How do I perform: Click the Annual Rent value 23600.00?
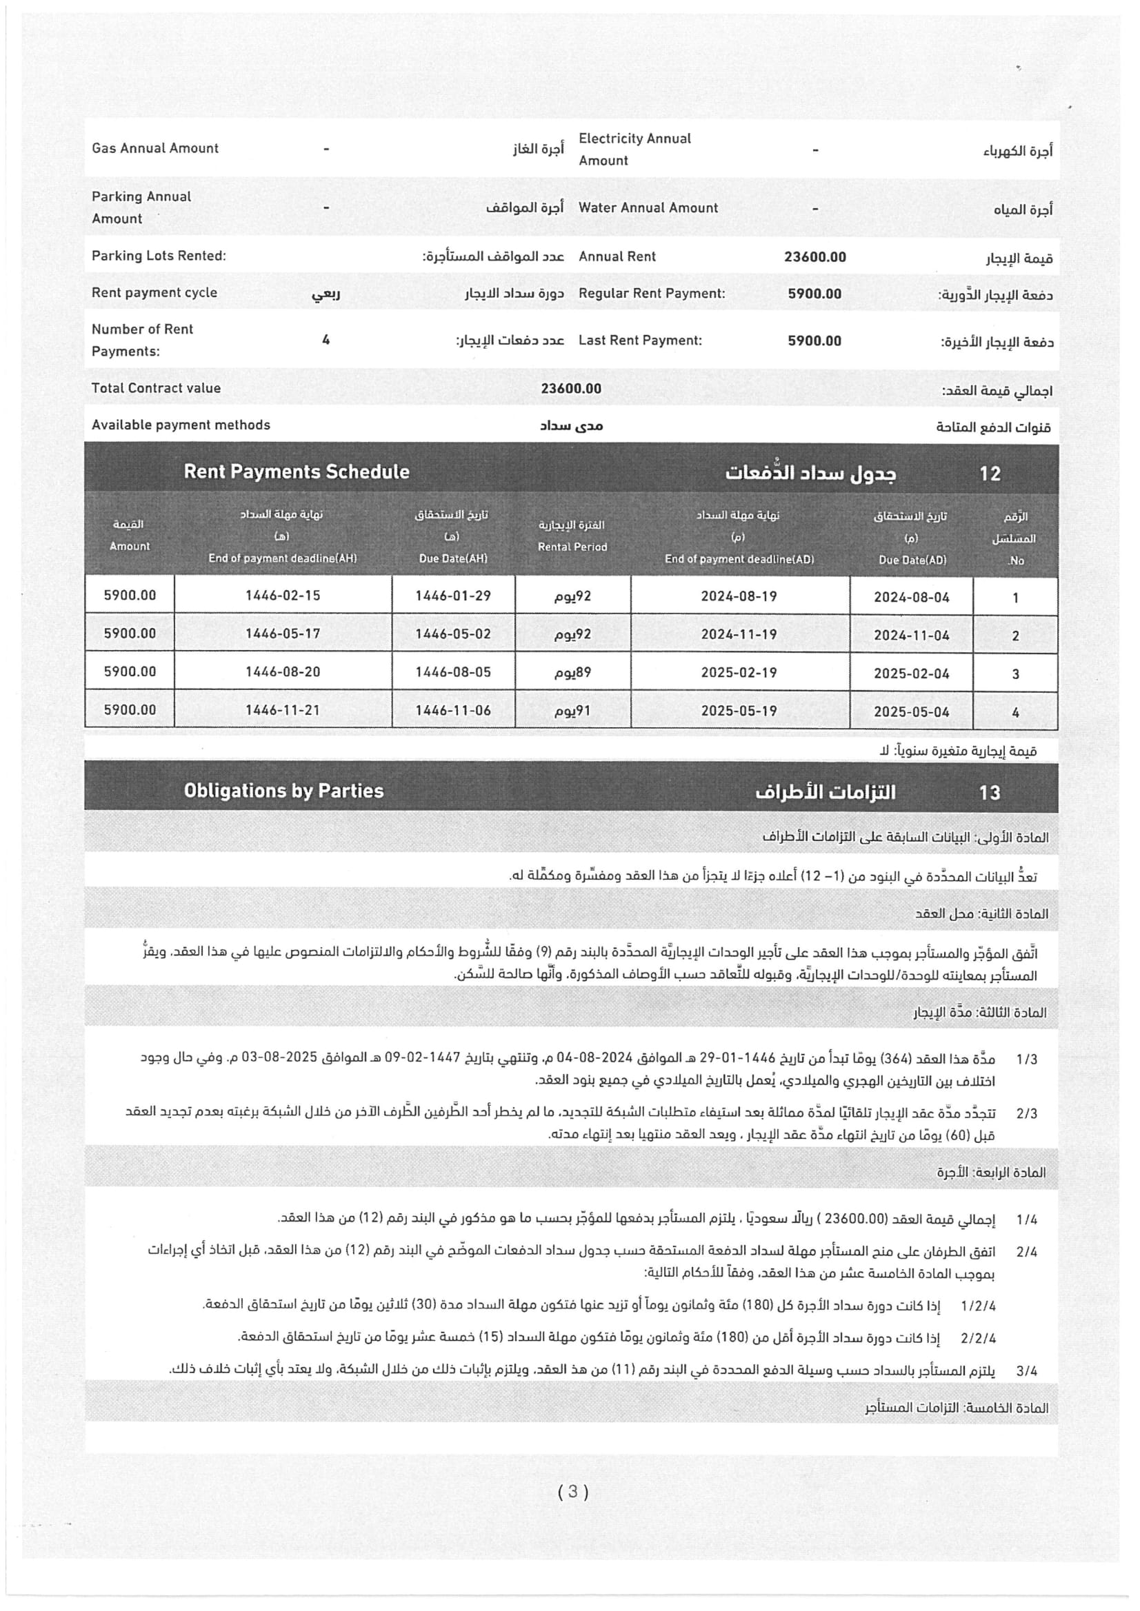pyautogui.click(x=814, y=257)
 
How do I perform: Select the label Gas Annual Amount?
pyautogui.click(x=155, y=148)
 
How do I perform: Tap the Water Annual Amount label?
pyautogui.click(x=648, y=207)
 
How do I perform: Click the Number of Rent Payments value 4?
pyautogui.click(x=326, y=341)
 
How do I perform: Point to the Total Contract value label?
pyautogui.click(x=156, y=388)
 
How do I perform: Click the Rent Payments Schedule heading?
pyautogui.click(x=297, y=472)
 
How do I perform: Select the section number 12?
pyautogui.click(x=990, y=474)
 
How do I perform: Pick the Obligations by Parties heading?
pyautogui.click(x=283, y=791)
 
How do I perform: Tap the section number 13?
pyautogui.click(x=990, y=793)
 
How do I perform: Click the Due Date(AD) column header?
pyautogui.click(x=912, y=560)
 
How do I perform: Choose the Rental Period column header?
pyautogui.click(x=572, y=547)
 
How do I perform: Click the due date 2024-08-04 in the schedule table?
pyautogui.click(x=911, y=597)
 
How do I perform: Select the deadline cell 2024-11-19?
pyautogui.click(x=739, y=634)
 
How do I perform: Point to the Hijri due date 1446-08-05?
pyautogui.click(x=453, y=672)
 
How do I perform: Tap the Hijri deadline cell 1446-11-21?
pyautogui.click(x=282, y=710)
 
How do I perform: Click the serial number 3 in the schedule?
pyautogui.click(x=1015, y=674)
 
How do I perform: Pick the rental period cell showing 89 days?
pyautogui.click(x=572, y=672)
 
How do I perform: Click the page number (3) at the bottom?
pyautogui.click(x=573, y=1492)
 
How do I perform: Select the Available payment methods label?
pyautogui.click(x=181, y=425)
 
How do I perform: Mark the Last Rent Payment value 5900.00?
pyautogui.click(x=814, y=341)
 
